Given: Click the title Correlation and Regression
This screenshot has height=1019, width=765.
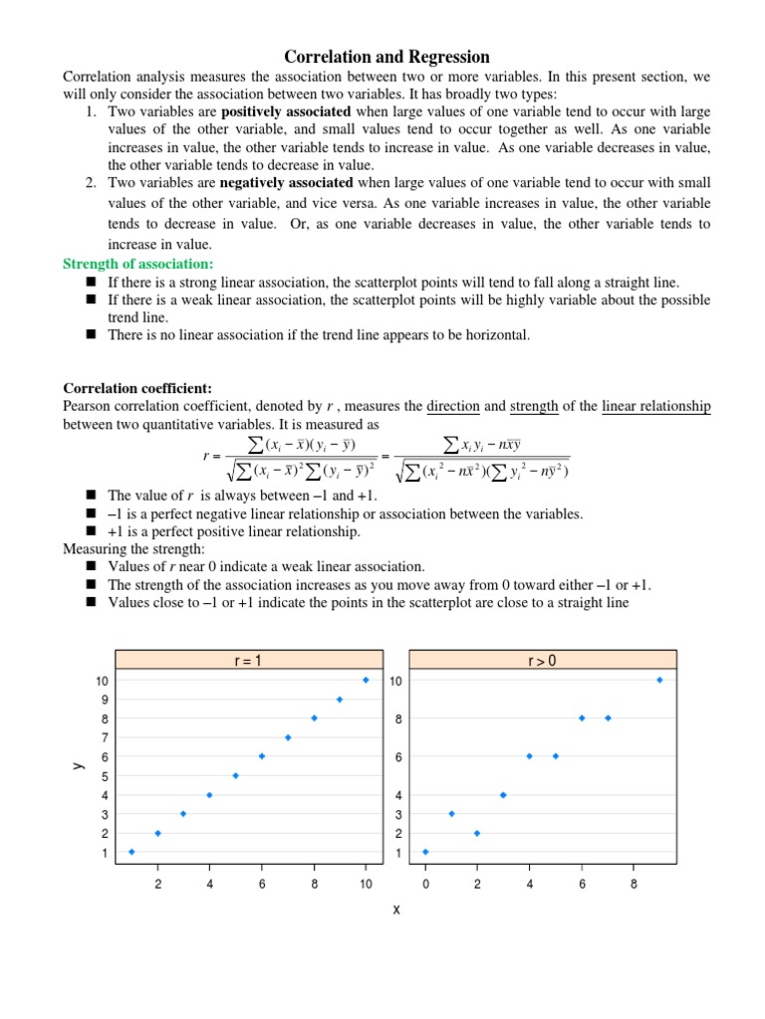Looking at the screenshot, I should pos(387,57).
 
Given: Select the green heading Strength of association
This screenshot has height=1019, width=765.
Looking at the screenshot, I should pos(138,264).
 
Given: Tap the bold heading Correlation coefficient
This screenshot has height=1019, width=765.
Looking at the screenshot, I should pos(137,388).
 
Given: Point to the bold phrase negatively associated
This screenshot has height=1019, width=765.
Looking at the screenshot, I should pos(287,183).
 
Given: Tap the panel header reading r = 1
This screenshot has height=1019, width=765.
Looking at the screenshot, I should pos(248,660).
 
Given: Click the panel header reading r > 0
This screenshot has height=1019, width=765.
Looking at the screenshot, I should pos(543,660).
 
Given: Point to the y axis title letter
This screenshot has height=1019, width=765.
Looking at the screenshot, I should pos(77,765).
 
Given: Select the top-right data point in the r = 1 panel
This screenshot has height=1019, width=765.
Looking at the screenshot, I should pos(366,680).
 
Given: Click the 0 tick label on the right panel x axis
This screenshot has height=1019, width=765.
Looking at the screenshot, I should pos(425,883).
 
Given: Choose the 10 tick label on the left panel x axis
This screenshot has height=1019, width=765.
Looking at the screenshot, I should pos(366,883).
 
